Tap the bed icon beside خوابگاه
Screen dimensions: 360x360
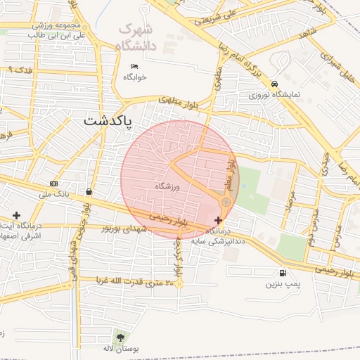[x=134, y=67]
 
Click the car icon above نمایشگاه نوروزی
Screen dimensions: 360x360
[x=274, y=82]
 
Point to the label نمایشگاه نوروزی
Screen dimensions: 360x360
[x=274, y=94]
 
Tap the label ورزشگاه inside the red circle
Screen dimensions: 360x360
[x=168, y=186]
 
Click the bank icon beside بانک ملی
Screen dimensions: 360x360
[x=54, y=183]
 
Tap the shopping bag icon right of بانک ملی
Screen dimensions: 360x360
[x=89, y=191]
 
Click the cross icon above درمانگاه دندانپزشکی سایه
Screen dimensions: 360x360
[x=218, y=220]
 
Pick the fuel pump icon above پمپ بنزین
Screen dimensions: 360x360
[x=283, y=273]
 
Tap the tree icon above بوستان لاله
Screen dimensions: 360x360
[x=117, y=338]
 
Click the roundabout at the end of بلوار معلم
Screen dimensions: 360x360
[x=226, y=202]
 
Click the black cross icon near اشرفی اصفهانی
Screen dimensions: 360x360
[x=16, y=214]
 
